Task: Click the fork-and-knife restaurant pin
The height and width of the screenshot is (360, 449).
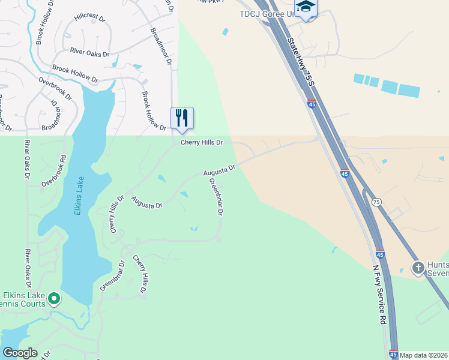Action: (182, 118)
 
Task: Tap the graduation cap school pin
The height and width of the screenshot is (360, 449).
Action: (306, 7)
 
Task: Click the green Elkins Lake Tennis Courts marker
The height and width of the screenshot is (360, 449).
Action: (54, 298)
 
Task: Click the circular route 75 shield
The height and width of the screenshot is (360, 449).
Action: (375, 202)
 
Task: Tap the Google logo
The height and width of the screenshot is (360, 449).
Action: (19, 353)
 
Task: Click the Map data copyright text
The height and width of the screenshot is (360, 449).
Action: (424, 355)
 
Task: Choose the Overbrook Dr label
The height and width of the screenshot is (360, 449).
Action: (55, 87)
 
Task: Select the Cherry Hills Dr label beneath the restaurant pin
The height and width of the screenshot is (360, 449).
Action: (202, 143)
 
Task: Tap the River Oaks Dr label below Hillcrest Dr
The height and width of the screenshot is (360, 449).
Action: (89, 53)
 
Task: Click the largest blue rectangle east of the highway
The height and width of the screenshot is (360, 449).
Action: (409, 91)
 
